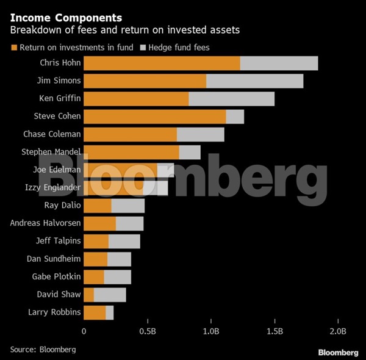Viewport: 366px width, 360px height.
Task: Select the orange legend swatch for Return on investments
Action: pyautogui.click(x=13, y=47)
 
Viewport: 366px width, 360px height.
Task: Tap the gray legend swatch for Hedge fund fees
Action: pyautogui.click(x=144, y=47)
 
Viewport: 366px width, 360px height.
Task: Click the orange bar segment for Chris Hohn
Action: pyautogui.click(x=162, y=63)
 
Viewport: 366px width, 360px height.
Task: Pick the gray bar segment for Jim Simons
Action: pyautogui.click(x=254, y=81)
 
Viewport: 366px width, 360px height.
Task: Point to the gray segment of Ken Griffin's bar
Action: pyautogui.click(x=231, y=99)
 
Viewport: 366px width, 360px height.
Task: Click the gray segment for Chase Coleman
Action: pyautogui.click(x=200, y=134)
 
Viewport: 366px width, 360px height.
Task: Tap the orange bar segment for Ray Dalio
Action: pyautogui.click(x=98, y=206)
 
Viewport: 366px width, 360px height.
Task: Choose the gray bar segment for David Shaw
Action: pyautogui.click(x=110, y=295)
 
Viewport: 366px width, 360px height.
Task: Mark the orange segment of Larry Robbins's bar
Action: pyautogui.click(x=95, y=313)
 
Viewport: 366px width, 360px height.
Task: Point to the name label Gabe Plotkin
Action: pyautogui.click(x=56, y=277)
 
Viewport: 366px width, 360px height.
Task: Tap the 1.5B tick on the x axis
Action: pyautogui.click(x=274, y=331)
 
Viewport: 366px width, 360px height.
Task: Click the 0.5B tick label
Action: pyautogui.click(x=147, y=331)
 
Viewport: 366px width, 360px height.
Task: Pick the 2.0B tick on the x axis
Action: pyautogui.click(x=338, y=331)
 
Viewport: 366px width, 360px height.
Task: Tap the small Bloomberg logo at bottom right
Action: pyautogui.click(x=338, y=352)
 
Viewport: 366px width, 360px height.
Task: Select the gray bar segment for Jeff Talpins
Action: pyautogui.click(x=124, y=242)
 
